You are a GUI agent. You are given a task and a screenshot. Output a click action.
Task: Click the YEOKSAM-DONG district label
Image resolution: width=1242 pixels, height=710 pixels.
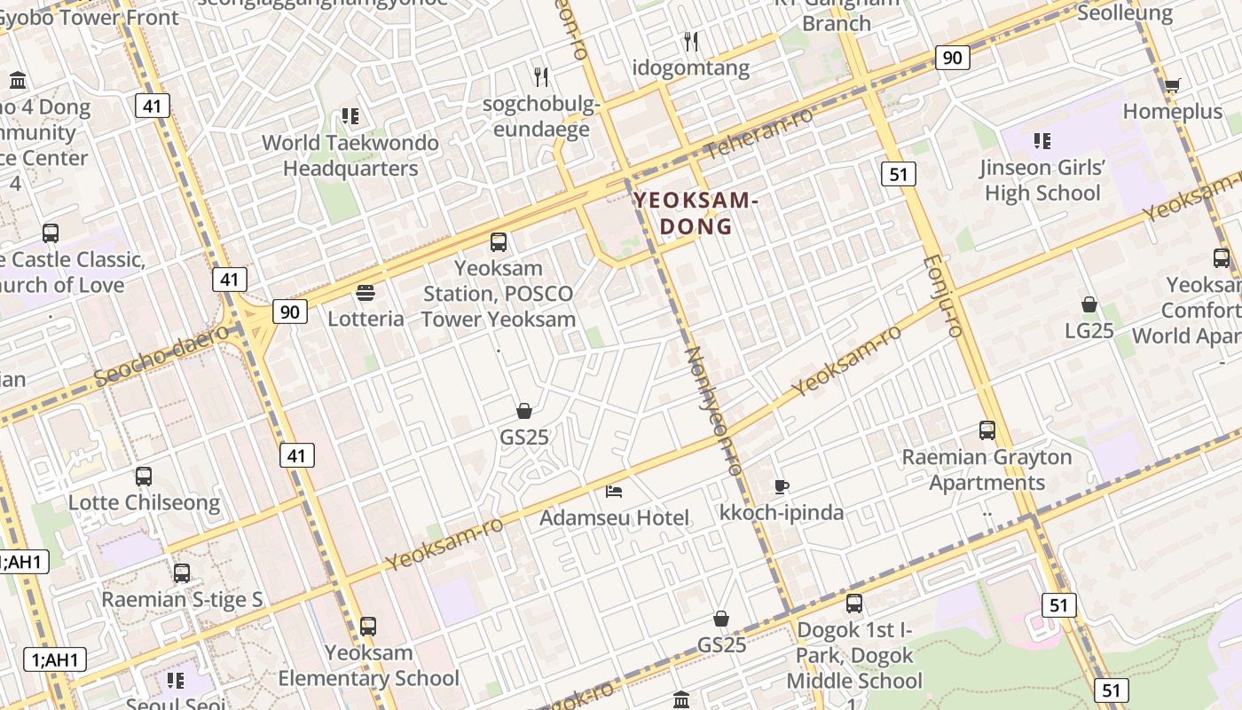pyautogui.click(x=696, y=214)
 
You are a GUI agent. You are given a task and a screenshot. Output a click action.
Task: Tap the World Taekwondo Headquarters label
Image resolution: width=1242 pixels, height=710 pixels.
pyautogui.click(x=350, y=155)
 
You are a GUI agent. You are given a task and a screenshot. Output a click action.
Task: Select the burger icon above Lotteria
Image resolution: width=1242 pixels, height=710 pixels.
pyautogui.click(x=366, y=293)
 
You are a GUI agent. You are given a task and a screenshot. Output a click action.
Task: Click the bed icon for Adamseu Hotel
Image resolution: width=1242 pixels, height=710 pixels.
pyautogui.click(x=614, y=491)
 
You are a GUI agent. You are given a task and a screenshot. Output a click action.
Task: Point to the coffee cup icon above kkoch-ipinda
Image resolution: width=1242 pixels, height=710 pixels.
pyautogui.click(x=781, y=486)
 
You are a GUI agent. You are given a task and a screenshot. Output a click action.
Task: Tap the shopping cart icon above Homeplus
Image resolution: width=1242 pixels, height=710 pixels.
pyautogui.click(x=1172, y=85)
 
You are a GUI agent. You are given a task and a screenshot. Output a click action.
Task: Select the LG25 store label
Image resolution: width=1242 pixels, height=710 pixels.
pyautogui.click(x=1089, y=331)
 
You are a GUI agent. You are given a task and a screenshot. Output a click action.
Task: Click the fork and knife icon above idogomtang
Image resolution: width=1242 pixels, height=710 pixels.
pyautogui.click(x=691, y=41)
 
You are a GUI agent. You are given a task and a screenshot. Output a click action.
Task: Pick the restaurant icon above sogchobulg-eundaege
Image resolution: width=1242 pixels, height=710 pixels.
pyautogui.click(x=541, y=77)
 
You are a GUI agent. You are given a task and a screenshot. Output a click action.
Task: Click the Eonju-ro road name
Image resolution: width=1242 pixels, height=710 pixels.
pyautogui.click(x=943, y=296)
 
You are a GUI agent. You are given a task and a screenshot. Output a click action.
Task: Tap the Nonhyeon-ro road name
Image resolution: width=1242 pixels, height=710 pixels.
pyautogui.click(x=712, y=410)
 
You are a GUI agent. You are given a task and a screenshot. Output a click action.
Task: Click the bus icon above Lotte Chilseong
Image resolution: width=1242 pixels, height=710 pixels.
pyautogui.click(x=144, y=477)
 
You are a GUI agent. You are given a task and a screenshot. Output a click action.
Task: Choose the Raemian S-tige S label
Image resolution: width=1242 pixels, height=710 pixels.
pyautogui.click(x=182, y=599)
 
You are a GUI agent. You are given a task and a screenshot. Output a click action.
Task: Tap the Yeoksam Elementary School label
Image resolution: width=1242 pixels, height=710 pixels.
pyautogui.click(x=369, y=666)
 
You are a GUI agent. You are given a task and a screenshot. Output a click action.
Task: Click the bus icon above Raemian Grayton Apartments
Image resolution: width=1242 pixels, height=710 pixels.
pyautogui.click(x=987, y=430)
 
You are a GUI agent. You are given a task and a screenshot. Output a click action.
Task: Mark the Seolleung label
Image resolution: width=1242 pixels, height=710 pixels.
pyautogui.click(x=1125, y=13)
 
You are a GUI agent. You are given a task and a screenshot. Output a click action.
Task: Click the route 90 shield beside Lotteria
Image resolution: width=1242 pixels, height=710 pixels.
pyautogui.click(x=290, y=312)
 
